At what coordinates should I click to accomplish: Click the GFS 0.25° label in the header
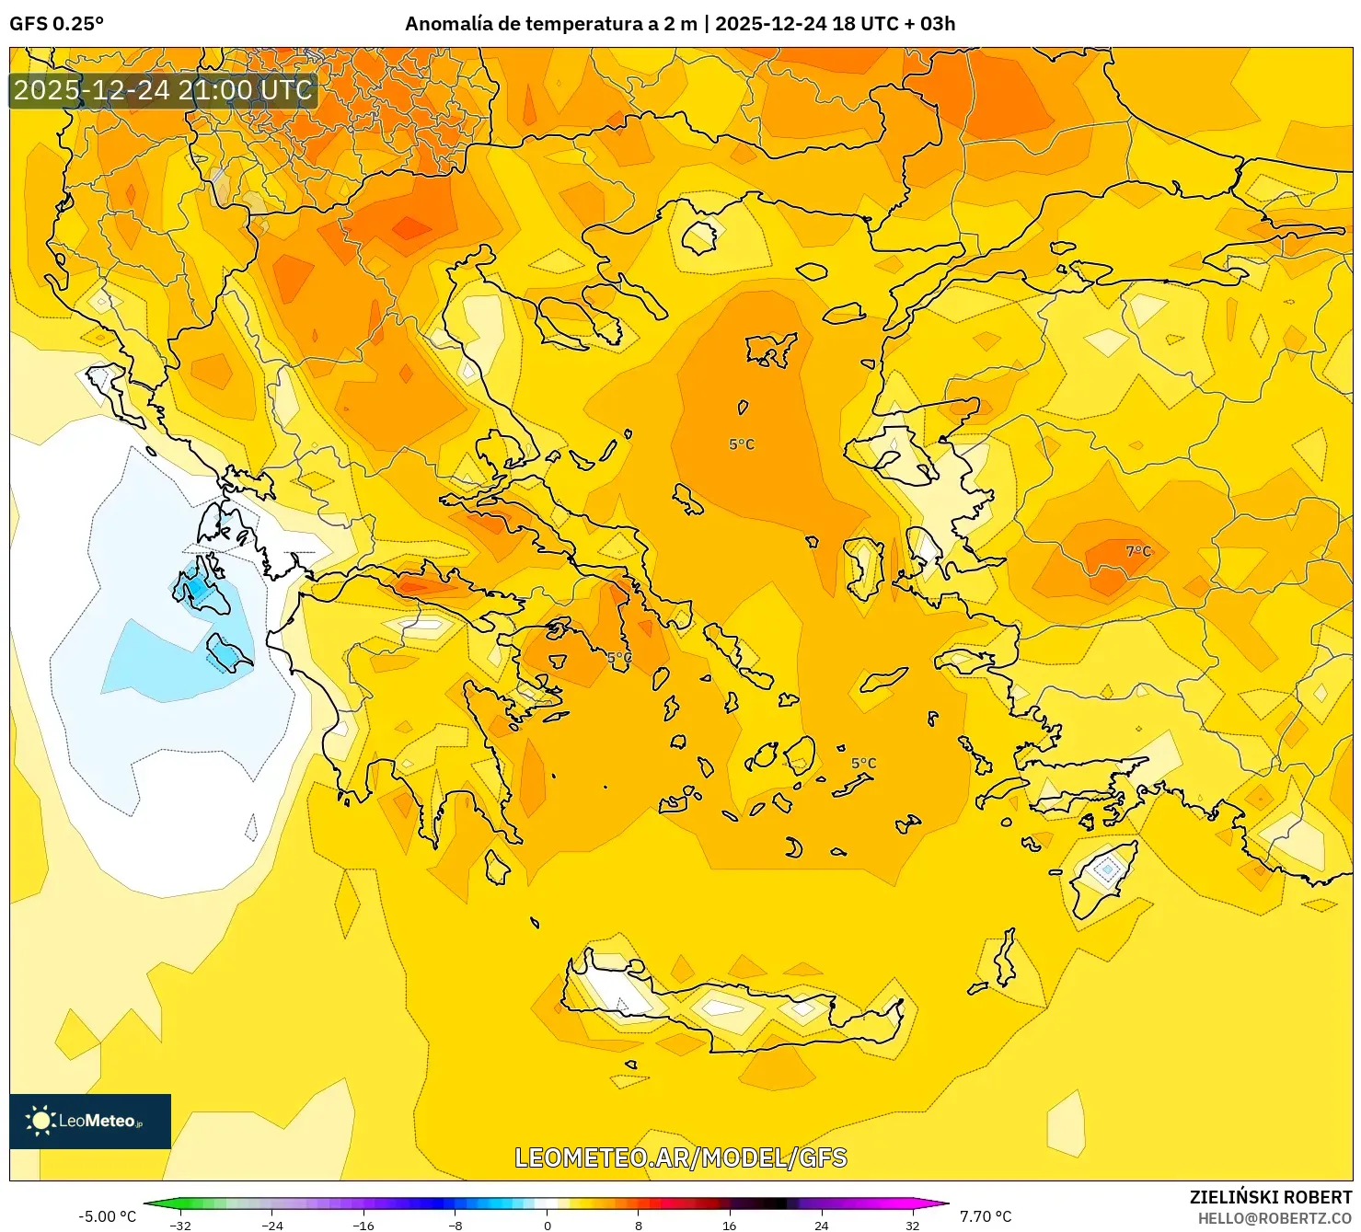(x=56, y=24)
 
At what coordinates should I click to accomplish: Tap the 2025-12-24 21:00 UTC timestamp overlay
(x=163, y=90)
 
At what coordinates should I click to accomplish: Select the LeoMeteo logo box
(x=90, y=1121)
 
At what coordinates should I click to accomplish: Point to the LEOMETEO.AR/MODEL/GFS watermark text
(x=680, y=1157)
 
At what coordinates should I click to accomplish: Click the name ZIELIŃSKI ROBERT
(x=1270, y=1197)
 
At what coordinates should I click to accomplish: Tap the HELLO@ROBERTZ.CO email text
(x=1274, y=1218)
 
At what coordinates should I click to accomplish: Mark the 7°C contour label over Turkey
(x=1138, y=551)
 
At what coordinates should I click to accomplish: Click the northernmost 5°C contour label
(x=742, y=444)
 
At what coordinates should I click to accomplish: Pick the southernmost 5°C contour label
(x=863, y=764)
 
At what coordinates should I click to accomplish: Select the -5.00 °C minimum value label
(x=107, y=1216)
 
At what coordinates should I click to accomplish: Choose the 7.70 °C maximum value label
(x=986, y=1216)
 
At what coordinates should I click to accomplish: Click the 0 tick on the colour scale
(x=548, y=1225)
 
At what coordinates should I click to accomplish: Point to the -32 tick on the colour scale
(x=180, y=1225)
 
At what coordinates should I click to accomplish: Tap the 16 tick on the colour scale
(x=730, y=1225)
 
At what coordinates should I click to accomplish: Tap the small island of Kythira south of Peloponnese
(x=497, y=868)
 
